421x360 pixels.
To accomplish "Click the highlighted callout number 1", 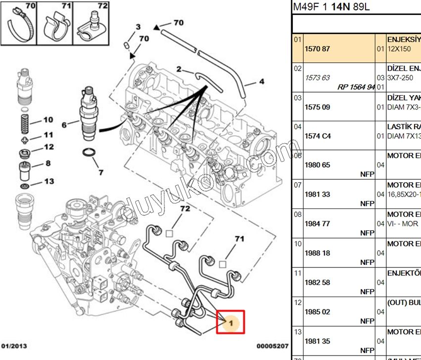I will point(233,323).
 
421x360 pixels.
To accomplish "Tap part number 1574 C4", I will point(317,136).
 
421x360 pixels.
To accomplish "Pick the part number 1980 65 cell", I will point(317,165).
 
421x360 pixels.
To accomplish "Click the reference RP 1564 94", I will point(356,87).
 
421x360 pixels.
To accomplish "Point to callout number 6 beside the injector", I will point(64,125).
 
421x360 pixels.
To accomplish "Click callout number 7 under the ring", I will point(101,172).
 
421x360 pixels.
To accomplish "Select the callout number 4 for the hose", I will point(262,82).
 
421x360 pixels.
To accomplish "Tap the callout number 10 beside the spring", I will point(48,120).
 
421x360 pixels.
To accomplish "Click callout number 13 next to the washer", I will point(49,182).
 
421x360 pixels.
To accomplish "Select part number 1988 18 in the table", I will point(317,253).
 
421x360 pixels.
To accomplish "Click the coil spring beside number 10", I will point(23,120).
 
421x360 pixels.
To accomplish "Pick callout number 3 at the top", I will point(138,27).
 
